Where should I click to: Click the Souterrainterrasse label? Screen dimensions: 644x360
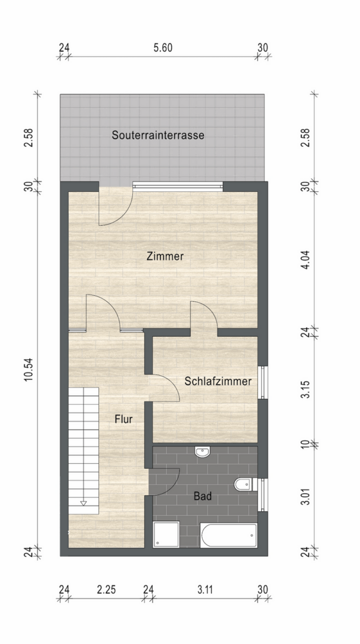[x=158, y=135]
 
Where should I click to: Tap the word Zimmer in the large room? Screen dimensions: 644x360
[x=165, y=257]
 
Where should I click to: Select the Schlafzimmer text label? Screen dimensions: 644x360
[x=217, y=381]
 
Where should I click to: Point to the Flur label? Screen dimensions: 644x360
[x=123, y=419]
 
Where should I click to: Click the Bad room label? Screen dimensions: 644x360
[x=202, y=496]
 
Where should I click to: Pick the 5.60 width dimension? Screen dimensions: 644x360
[x=163, y=48]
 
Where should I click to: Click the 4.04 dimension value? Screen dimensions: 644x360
[x=306, y=259]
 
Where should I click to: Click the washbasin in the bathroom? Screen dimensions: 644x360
[x=203, y=453]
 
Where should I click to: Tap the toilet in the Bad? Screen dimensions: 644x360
[x=244, y=484]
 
